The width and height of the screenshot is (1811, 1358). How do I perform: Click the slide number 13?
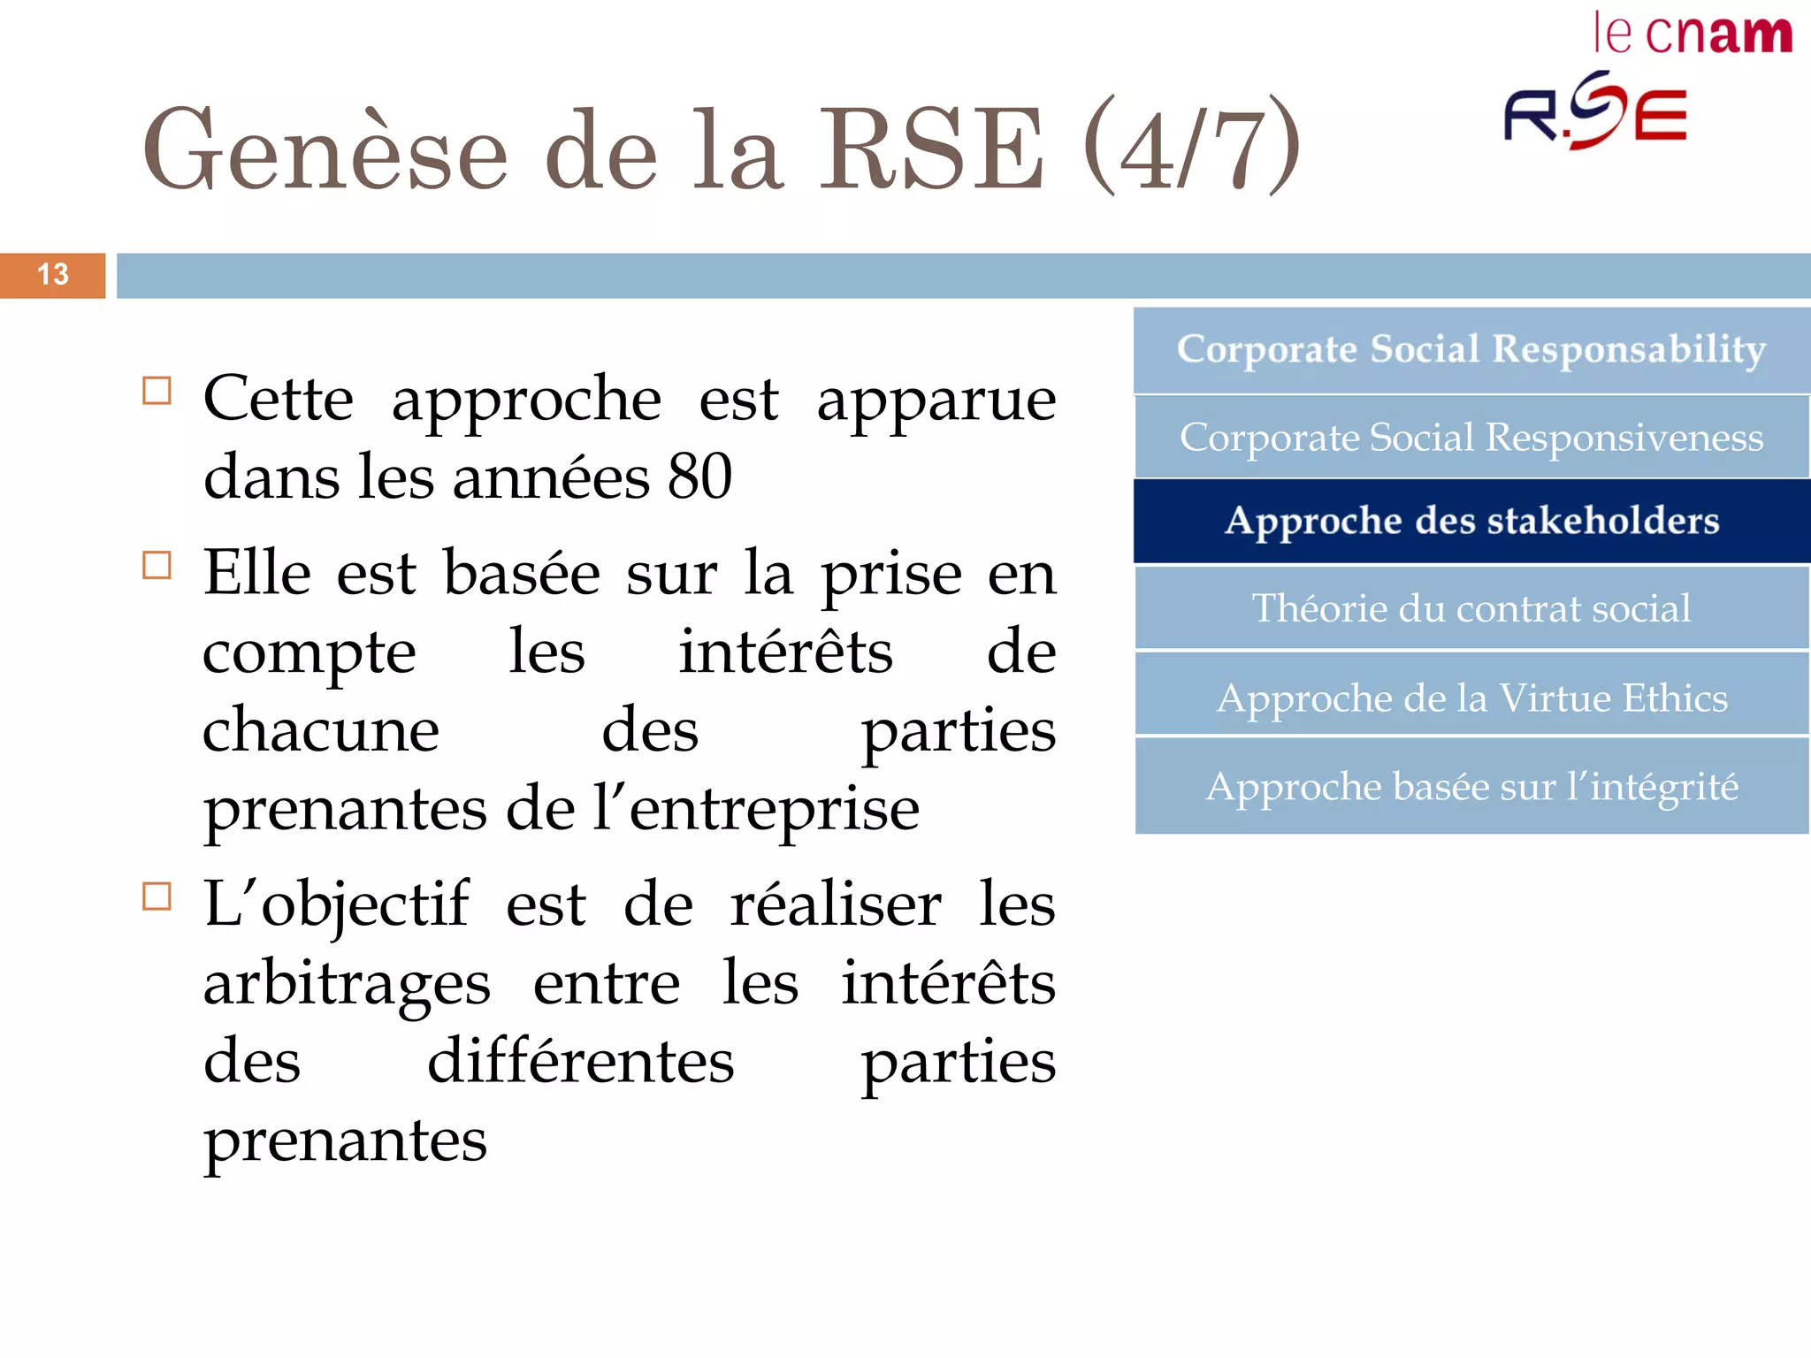pyautogui.click(x=53, y=275)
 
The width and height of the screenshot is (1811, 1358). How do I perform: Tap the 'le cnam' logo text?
pyautogui.click(x=1692, y=35)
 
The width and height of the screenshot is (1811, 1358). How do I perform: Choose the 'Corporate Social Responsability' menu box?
pyautogui.click(x=1471, y=350)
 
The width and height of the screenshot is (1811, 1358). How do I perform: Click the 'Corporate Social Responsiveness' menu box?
pyautogui.click(x=1471, y=438)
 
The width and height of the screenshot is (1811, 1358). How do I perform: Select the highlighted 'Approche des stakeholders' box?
pyautogui.click(x=1471, y=522)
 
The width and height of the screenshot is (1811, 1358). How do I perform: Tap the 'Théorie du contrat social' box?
pyautogui.click(x=1471, y=608)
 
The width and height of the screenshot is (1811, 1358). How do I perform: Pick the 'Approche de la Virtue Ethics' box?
pyautogui.click(x=1471, y=698)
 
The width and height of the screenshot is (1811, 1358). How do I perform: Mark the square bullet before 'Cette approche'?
pyautogui.click(x=157, y=391)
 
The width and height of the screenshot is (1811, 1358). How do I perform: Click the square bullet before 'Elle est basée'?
pyautogui.click(x=157, y=565)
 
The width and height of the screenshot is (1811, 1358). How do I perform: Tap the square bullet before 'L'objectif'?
pyautogui.click(x=157, y=896)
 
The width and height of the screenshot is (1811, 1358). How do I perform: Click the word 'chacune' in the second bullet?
pyautogui.click(x=320, y=730)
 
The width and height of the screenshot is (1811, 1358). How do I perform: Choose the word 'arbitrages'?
pyautogui.click(x=347, y=984)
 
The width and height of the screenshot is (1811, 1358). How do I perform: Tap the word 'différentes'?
pyautogui.click(x=580, y=1062)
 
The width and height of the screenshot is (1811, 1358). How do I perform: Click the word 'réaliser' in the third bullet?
pyautogui.click(x=836, y=905)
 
